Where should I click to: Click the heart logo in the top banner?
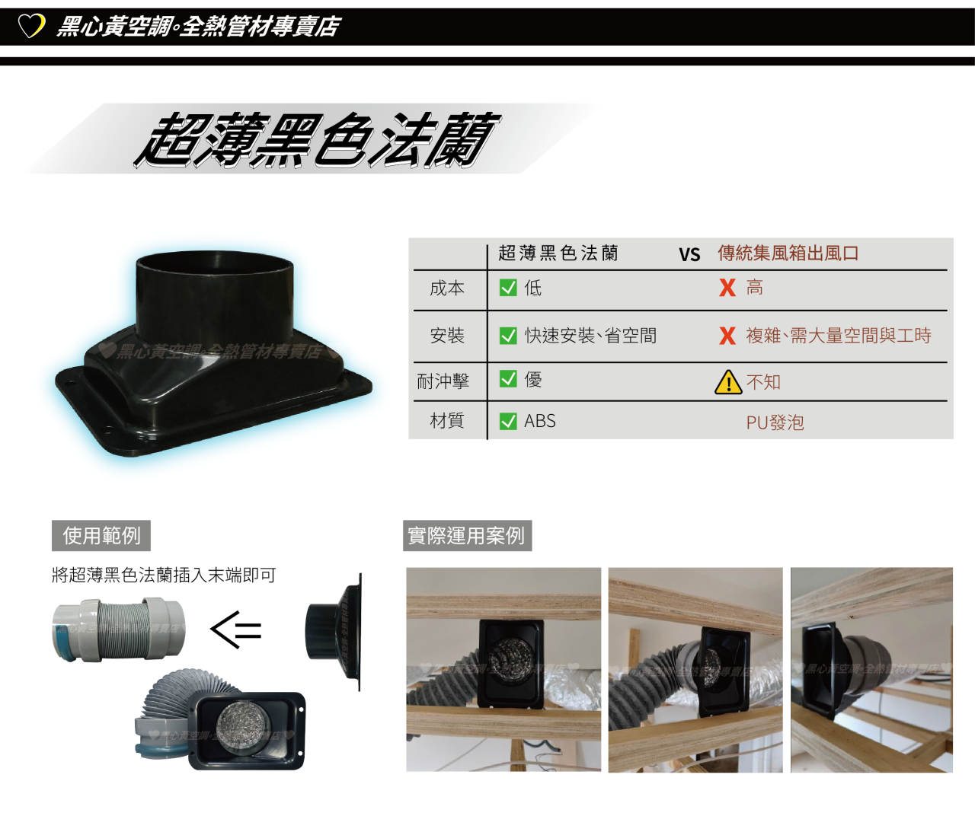(x=31, y=26)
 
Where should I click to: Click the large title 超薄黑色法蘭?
(x=317, y=140)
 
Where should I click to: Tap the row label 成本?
(x=447, y=288)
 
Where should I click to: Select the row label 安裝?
(x=447, y=336)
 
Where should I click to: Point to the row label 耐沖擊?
(x=443, y=381)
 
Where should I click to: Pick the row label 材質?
(x=447, y=421)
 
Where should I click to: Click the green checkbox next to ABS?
(x=508, y=421)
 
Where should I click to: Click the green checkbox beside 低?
(x=508, y=288)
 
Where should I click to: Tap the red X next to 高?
(x=727, y=288)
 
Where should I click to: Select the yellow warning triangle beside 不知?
(x=728, y=382)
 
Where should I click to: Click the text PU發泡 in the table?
(x=775, y=422)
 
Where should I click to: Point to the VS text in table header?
(x=689, y=255)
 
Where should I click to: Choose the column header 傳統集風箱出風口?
(x=788, y=253)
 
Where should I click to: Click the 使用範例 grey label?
(x=101, y=536)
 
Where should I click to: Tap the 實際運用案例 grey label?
(x=468, y=536)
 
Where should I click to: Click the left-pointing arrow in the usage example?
(x=236, y=630)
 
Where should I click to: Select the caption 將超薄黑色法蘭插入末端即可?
(x=164, y=575)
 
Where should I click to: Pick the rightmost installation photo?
(x=871, y=670)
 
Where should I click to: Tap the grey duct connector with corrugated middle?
(x=119, y=630)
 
